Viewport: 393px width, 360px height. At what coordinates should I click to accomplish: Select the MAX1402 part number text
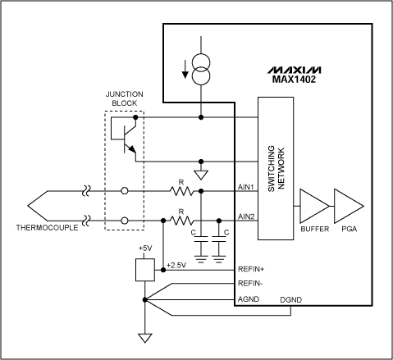[318, 79]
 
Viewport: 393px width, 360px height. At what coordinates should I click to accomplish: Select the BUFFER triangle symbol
[315, 203]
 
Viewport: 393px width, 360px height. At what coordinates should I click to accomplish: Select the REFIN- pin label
[249, 284]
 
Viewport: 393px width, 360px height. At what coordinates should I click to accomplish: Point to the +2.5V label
[176, 265]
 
